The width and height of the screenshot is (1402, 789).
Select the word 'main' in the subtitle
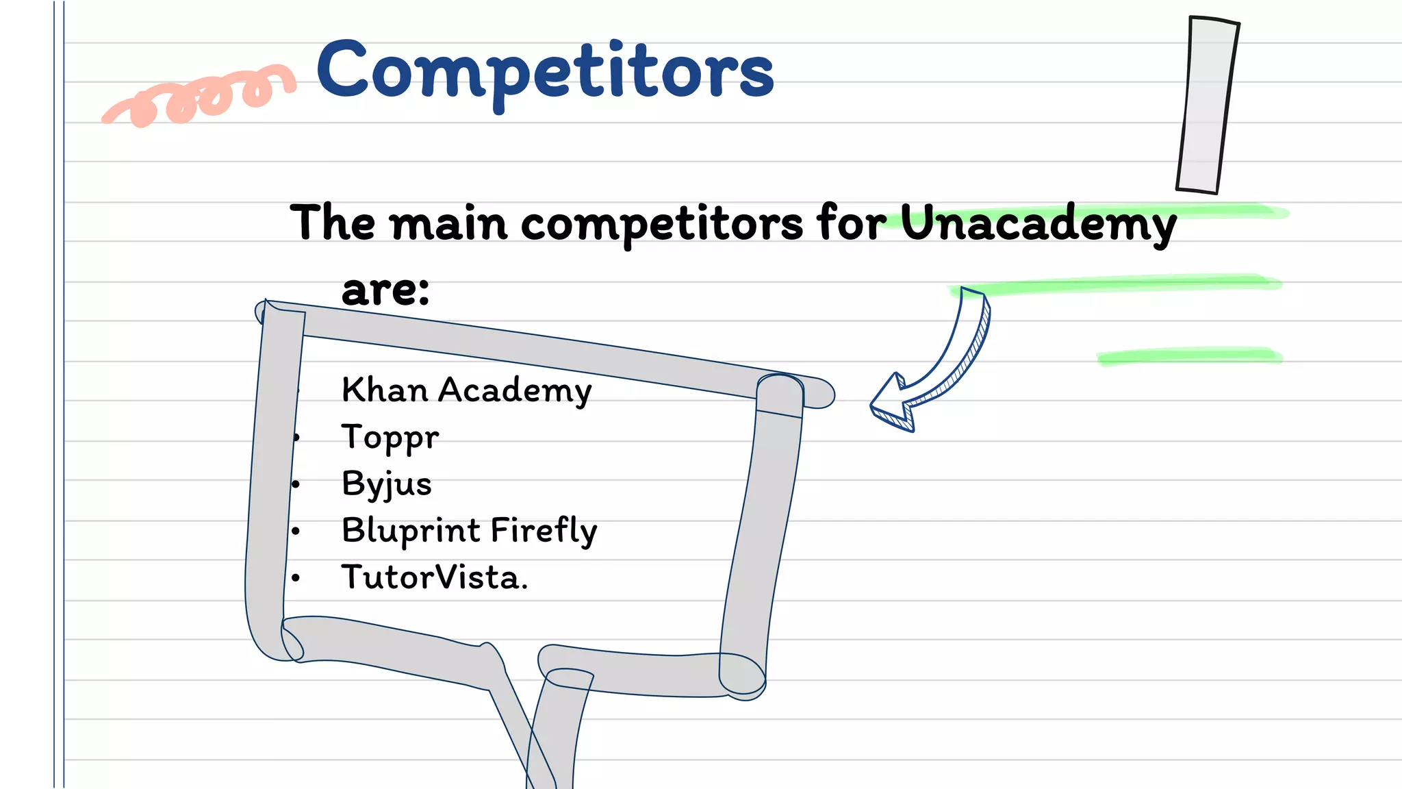[448, 223]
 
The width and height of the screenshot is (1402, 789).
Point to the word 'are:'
[385, 290]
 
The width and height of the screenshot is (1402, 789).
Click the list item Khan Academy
[466, 390]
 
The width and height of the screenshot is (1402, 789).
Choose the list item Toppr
[390, 438]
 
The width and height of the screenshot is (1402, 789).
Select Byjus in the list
[387, 484]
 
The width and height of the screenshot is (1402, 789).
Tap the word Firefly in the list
[544, 531]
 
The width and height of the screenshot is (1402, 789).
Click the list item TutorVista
[435, 577]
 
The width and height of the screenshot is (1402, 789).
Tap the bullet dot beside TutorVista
[296, 578]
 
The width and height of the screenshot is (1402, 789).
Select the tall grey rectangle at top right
[1207, 105]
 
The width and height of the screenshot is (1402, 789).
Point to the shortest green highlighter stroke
[1189, 356]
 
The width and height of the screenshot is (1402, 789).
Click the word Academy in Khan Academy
[515, 390]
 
